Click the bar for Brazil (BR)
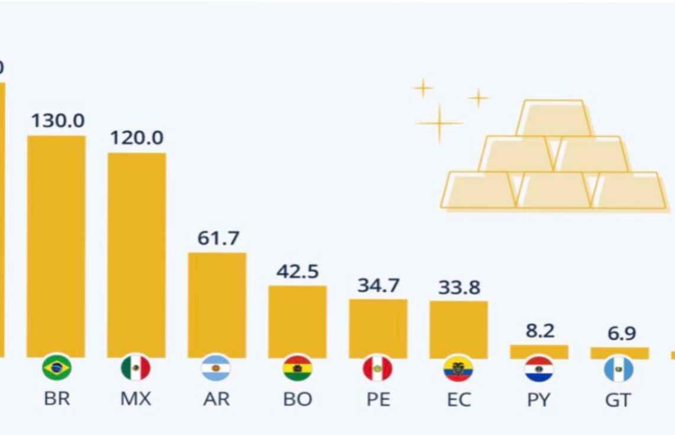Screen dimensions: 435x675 coord(56,246)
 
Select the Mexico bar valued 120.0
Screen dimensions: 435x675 coord(136,254)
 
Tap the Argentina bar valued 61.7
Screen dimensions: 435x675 coord(217,305)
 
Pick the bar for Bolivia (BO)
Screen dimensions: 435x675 coord(297,321)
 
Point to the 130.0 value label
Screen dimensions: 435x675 coord(57,121)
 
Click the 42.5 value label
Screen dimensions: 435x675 coord(297,272)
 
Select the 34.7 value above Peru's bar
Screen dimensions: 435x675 coord(378,285)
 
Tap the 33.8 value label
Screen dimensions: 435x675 coord(459,287)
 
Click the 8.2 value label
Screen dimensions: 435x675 coord(539,331)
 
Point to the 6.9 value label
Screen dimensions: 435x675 coord(620,333)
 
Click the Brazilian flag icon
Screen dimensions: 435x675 coord(56,369)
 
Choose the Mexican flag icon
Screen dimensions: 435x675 coord(136,369)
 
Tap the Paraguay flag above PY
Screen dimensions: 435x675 coord(539,369)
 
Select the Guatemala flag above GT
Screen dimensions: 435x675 coord(619,369)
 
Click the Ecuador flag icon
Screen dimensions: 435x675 coord(458,369)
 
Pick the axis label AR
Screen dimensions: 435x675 coord(216,399)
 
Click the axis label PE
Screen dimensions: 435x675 coord(378,399)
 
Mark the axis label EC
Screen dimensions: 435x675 coord(458,399)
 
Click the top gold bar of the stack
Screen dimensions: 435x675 coord(554,118)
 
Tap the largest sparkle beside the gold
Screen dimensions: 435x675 coord(439,123)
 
